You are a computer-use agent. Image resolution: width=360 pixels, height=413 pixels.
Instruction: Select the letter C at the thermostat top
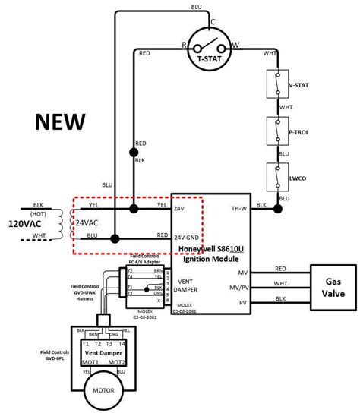213,22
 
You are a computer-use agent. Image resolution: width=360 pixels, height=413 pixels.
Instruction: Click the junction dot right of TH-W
277,207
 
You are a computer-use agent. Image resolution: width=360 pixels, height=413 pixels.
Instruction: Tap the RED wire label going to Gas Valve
281,268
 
